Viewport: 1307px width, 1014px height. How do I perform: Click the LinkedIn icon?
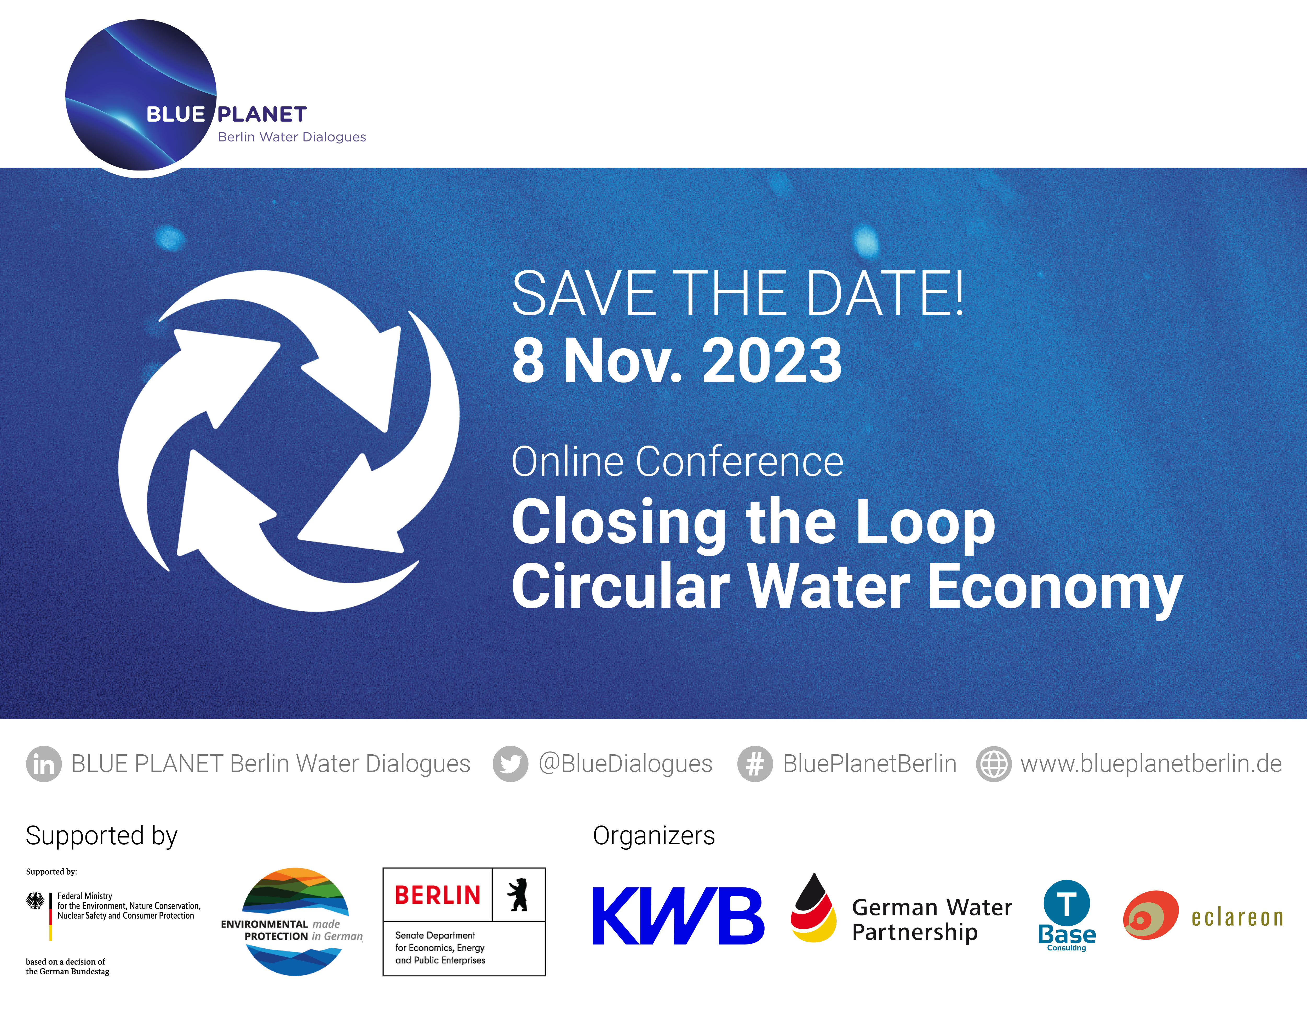click(x=44, y=764)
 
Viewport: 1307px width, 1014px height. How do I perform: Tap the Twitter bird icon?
click(x=511, y=764)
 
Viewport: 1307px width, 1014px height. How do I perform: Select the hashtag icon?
click(x=755, y=764)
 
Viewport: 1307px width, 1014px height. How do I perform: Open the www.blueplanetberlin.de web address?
click(x=1151, y=764)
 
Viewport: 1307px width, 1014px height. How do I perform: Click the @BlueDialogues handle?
click(x=625, y=764)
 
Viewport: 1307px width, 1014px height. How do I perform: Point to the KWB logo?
click(x=678, y=916)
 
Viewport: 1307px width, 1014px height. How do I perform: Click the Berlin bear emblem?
click(x=518, y=895)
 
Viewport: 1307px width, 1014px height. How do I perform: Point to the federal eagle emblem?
click(x=35, y=901)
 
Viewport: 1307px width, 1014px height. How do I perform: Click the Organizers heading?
click(x=653, y=836)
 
